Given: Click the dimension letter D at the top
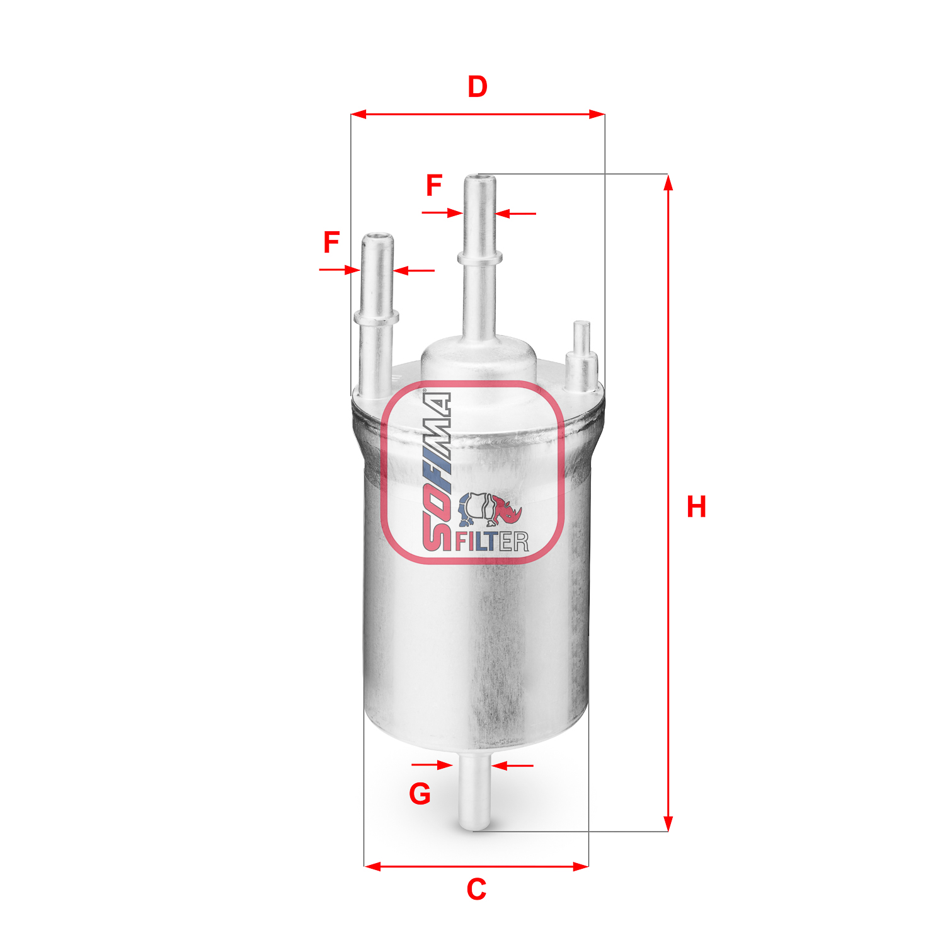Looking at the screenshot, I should pyautogui.click(x=478, y=87).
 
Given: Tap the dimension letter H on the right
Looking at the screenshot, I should pyautogui.click(x=696, y=507).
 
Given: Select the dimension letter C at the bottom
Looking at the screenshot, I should pyautogui.click(x=476, y=889).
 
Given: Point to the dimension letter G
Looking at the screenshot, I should pyautogui.click(x=420, y=794).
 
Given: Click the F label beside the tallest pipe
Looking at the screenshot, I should pyautogui.click(x=434, y=185).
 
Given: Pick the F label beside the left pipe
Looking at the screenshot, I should pyautogui.click(x=331, y=243).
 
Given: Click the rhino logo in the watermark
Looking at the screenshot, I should pyautogui.click(x=490, y=509).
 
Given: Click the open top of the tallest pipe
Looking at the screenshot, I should pyautogui.click(x=480, y=179).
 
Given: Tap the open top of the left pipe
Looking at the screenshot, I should pyautogui.click(x=377, y=238).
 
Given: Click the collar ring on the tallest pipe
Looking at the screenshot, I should pyautogui.click(x=480, y=257).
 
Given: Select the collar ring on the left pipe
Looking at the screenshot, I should pyautogui.click(x=376, y=316).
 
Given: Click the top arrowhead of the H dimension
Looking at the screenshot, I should pyautogui.click(x=668, y=183).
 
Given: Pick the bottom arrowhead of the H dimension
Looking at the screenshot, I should pyautogui.click(x=668, y=823).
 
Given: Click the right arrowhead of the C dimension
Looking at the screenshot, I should pyautogui.click(x=581, y=866).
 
